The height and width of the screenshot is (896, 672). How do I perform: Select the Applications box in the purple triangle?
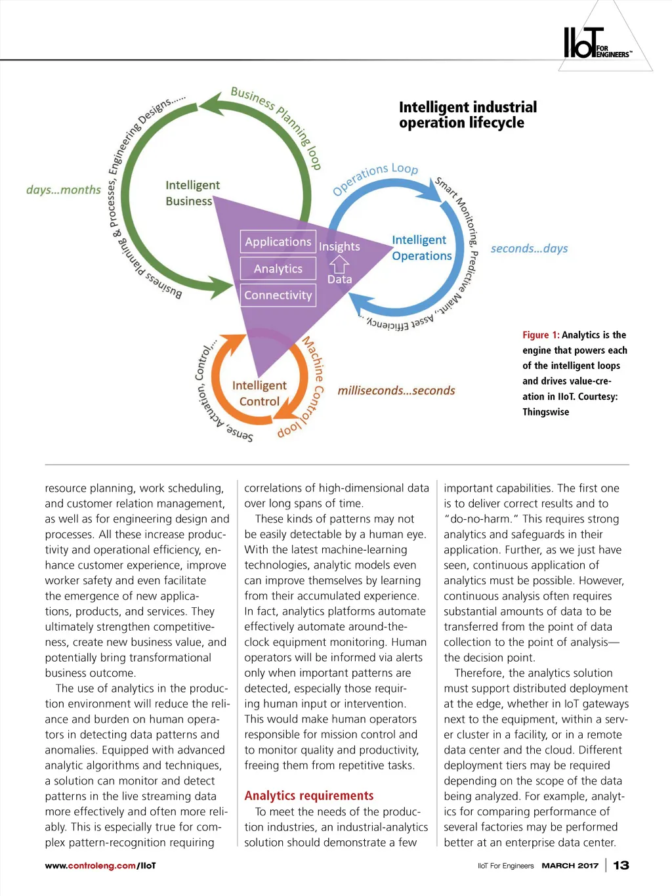point(278,242)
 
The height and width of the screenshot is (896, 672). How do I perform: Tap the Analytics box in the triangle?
point(278,268)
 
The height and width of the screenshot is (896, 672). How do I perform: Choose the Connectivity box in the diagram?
point(278,295)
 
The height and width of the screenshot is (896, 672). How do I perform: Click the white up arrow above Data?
point(339,264)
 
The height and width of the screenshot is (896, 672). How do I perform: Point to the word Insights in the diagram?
point(339,247)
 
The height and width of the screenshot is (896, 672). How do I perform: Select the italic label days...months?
point(63,190)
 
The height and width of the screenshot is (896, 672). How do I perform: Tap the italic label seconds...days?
point(529,248)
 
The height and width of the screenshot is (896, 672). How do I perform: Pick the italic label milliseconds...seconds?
point(396,391)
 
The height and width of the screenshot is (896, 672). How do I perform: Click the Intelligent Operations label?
point(421,248)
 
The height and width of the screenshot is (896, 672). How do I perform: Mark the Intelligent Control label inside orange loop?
point(259,393)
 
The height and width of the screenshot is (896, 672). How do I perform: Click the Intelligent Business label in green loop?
point(192,193)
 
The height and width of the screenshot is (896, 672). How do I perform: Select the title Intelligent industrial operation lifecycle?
point(467,115)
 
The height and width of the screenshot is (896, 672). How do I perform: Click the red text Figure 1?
point(541,335)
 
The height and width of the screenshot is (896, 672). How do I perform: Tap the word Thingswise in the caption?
point(545,412)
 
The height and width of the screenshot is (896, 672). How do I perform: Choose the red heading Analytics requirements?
point(308,796)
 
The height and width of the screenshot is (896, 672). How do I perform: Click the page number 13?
point(621,865)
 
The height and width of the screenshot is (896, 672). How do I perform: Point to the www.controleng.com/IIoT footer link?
point(100,866)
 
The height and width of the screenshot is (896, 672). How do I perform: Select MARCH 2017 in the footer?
point(570,866)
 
